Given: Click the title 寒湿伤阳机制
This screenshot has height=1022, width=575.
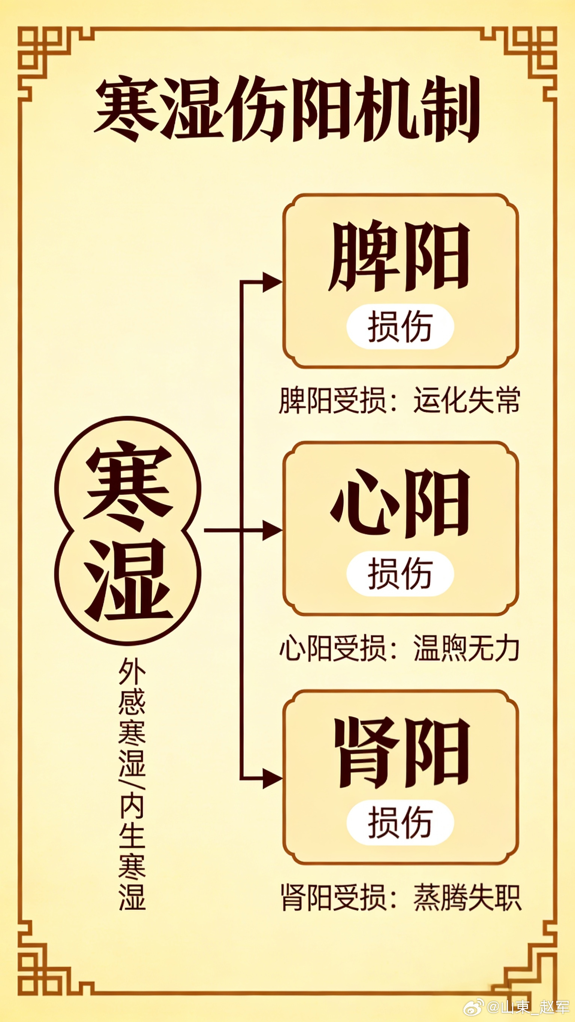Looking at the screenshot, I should (x=287, y=109).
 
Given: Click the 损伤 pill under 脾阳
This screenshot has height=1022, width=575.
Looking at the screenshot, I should (x=400, y=326).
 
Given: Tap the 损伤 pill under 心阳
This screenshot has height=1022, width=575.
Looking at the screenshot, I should (x=400, y=574).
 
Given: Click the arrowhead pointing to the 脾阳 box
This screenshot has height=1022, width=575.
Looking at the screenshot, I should (x=272, y=283).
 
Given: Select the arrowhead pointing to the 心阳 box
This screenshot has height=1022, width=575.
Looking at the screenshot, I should (x=272, y=530).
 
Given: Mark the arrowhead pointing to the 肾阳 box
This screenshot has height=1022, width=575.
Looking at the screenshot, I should (x=272, y=778).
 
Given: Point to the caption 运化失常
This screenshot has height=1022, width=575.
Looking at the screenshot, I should (x=467, y=401).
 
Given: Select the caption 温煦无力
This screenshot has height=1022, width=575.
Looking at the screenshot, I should (x=467, y=648).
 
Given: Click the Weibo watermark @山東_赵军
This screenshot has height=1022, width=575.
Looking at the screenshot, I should (x=528, y=1007).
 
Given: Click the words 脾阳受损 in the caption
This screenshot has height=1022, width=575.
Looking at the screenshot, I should (x=332, y=401).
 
